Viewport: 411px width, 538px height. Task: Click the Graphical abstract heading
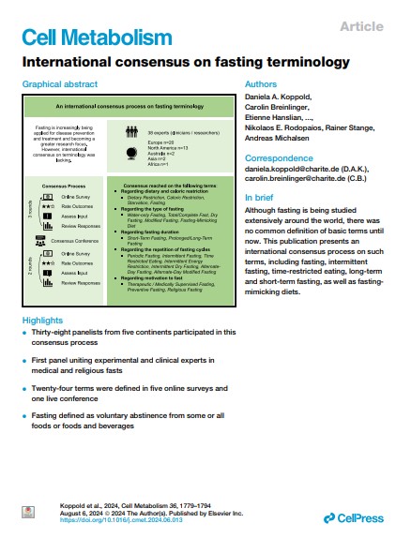tap(65, 84)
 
